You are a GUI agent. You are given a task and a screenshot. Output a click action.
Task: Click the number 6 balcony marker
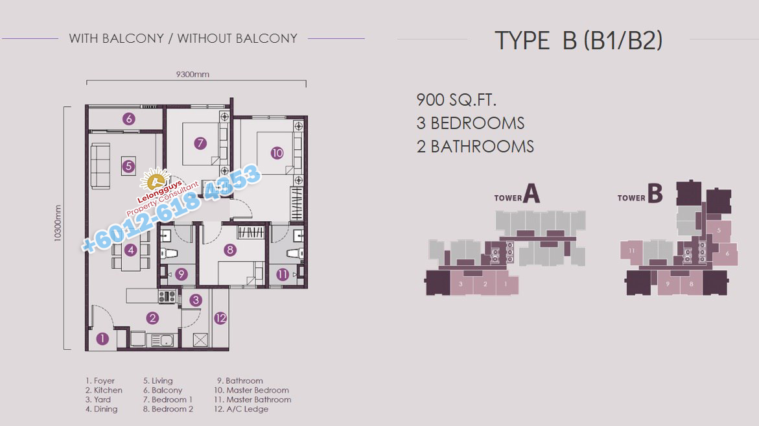(128, 119)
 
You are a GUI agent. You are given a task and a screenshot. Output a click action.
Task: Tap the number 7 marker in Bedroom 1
(200, 143)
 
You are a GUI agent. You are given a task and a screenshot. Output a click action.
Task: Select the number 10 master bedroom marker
(277, 153)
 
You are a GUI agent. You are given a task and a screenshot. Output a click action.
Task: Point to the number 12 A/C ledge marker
(221, 318)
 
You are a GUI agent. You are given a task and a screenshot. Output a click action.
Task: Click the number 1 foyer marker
(102, 338)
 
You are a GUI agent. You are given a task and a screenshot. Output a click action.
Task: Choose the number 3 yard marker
(196, 300)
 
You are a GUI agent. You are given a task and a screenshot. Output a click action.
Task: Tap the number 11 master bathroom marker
(283, 274)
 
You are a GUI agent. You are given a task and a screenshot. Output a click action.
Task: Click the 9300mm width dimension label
(193, 74)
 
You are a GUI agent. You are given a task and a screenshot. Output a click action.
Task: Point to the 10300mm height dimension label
(58, 223)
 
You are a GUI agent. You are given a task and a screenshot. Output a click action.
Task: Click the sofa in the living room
(100, 166)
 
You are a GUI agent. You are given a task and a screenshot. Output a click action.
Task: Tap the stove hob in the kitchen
(167, 296)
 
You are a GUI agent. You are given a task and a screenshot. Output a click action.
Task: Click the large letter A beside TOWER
(531, 194)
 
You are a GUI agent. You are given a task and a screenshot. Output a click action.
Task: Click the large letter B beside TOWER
(655, 193)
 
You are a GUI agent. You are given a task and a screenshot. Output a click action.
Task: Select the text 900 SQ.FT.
(456, 100)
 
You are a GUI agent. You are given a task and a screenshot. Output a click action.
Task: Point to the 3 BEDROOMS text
(471, 123)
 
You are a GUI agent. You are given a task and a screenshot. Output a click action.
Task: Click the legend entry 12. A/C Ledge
(241, 409)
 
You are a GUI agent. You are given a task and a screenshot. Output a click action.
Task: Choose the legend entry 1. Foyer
(100, 381)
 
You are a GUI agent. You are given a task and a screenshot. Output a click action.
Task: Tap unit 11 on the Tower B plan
(631, 250)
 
